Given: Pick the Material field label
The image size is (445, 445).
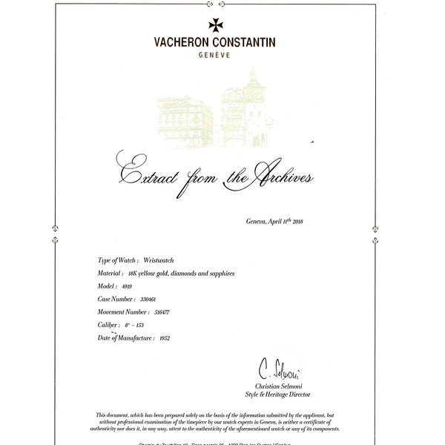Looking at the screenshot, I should point(111,274).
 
